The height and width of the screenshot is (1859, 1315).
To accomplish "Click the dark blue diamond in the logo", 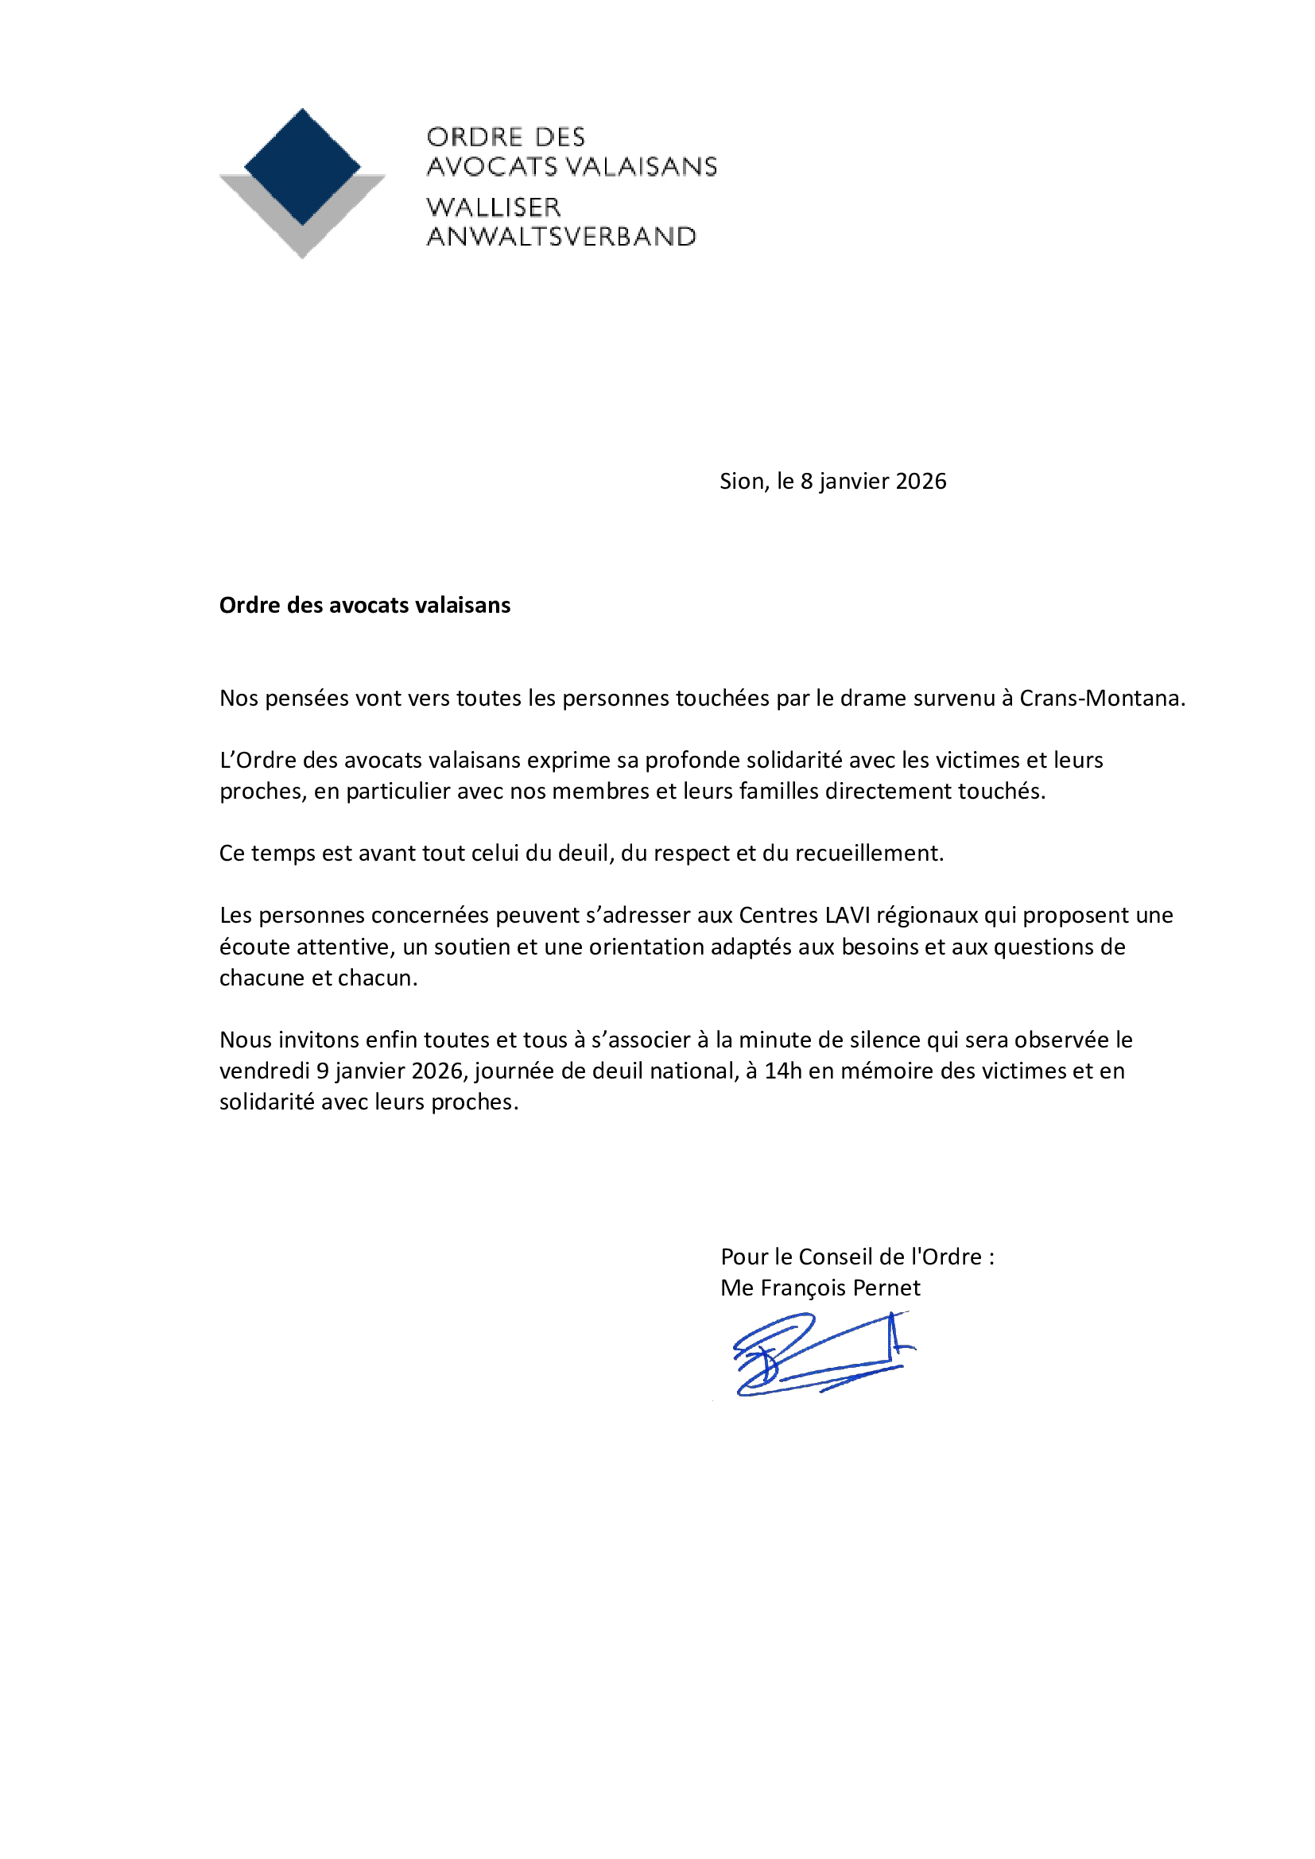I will [302, 166].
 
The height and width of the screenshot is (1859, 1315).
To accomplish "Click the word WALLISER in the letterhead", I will [493, 207].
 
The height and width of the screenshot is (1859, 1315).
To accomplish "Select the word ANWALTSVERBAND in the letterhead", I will [561, 236].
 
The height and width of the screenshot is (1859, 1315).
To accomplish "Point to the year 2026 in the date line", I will [921, 481].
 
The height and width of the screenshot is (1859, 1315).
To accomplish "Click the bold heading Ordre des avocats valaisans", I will [364, 605].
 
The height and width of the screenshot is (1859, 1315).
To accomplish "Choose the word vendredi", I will [264, 1071].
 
